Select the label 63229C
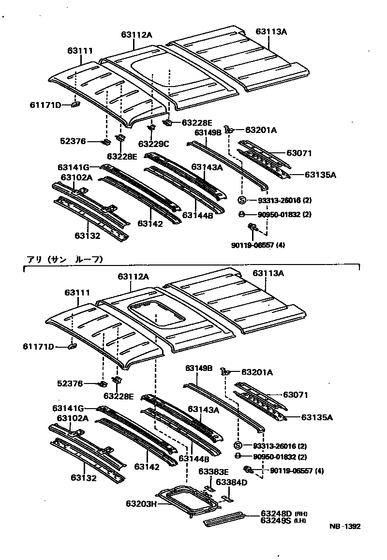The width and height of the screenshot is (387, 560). point(153,144)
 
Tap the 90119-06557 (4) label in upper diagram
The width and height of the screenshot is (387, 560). point(258,245)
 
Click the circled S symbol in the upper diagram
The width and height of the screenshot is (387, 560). point(242,200)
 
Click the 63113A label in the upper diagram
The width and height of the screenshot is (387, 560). point(271,32)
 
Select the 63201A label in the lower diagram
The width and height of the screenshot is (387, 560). point(257,372)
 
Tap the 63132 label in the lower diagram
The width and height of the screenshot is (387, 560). point(84,478)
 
